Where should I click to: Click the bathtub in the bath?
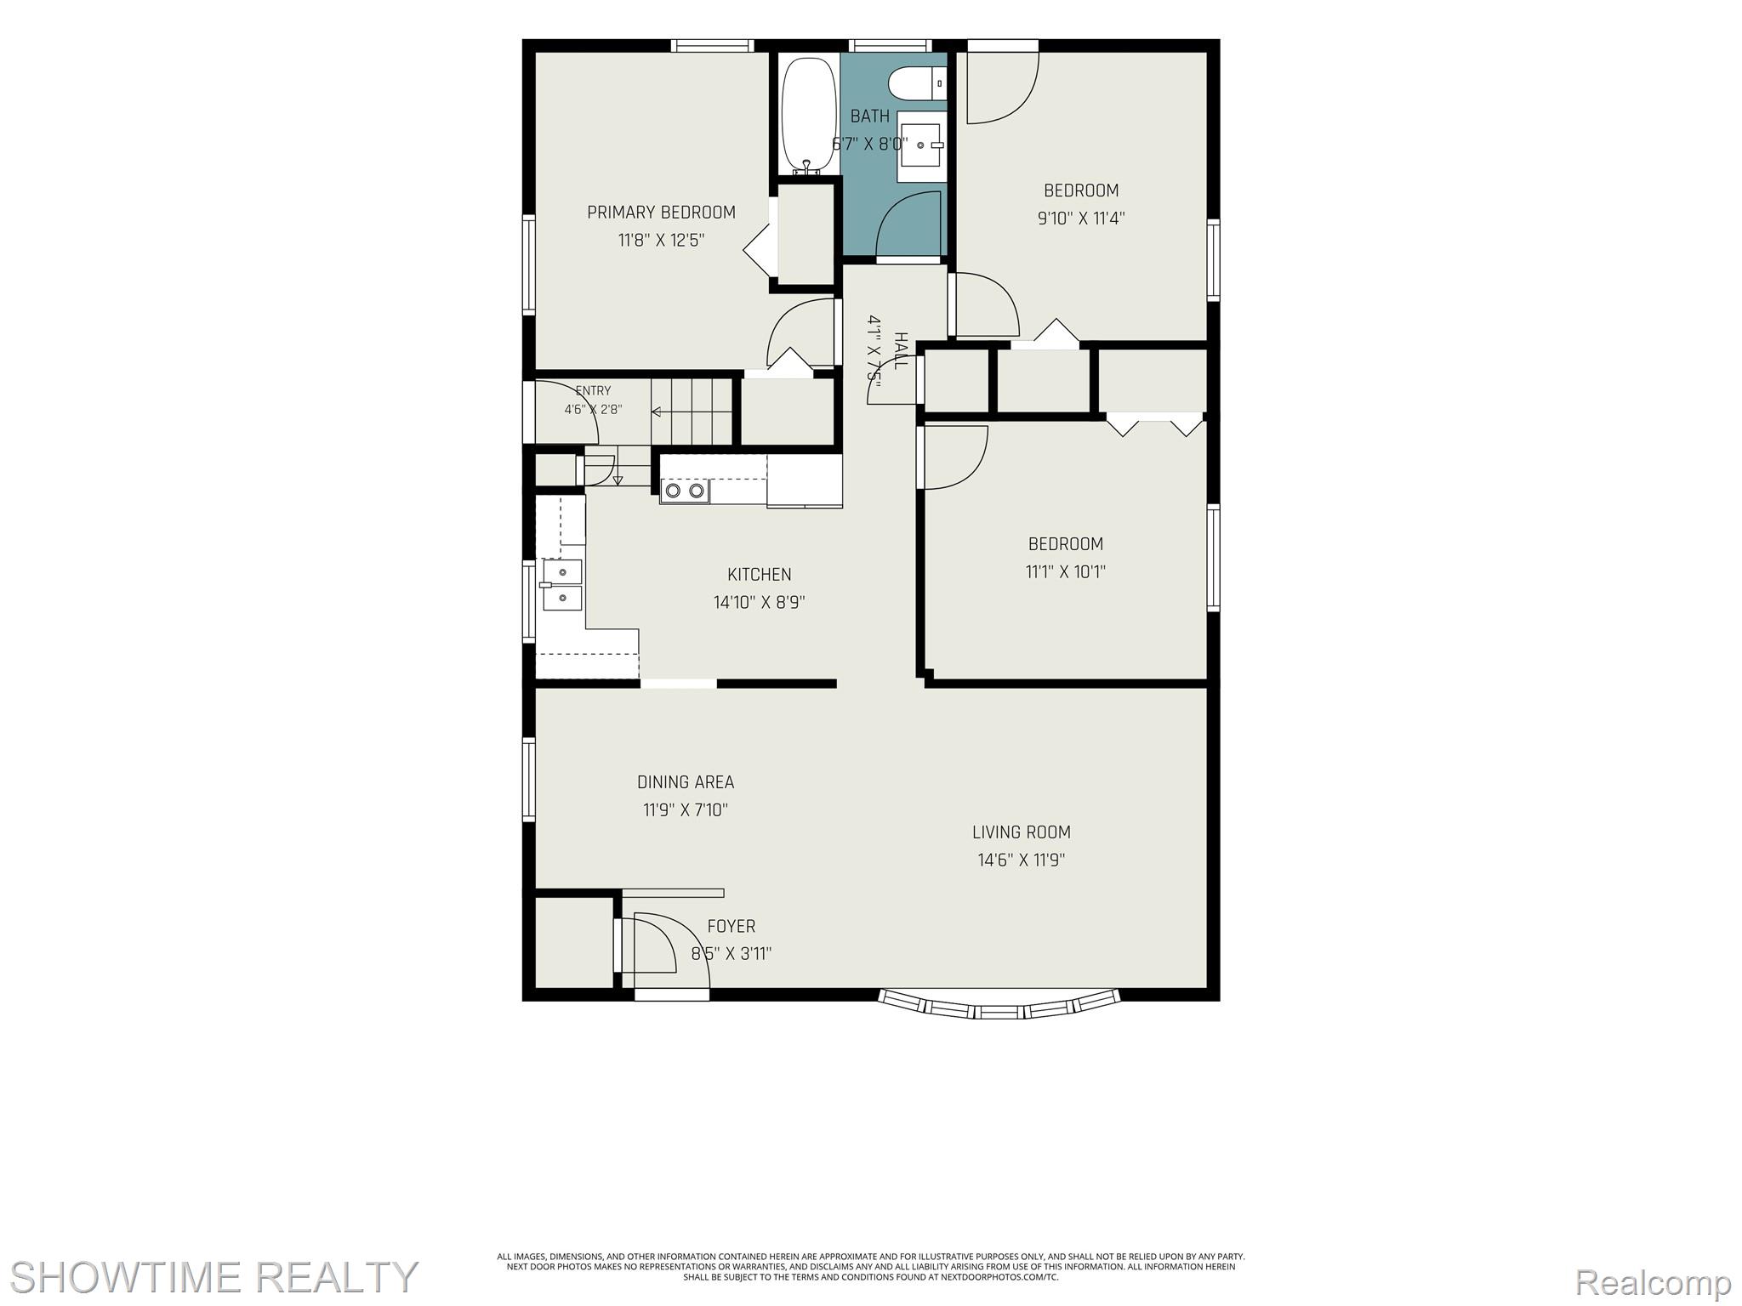[x=809, y=116]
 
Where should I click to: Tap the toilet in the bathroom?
[x=917, y=83]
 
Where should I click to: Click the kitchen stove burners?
[x=685, y=491]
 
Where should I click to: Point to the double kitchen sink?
[x=561, y=585]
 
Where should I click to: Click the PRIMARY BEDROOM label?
[x=661, y=213]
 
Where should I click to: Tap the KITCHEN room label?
[x=759, y=575]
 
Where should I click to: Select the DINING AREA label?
[x=686, y=782]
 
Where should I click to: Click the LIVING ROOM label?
[x=1022, y=832]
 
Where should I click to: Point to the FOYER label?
[x=732, y=926]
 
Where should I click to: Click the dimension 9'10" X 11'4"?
[x=1081, y=219]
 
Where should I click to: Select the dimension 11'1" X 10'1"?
[x=1066, y=571]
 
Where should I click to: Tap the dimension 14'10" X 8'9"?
[x=760, y=603]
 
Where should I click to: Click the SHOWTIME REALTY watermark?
[x=213, y=1276]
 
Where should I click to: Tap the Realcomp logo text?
[x=1652, y=1280]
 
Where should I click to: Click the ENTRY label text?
[x=593, y=391]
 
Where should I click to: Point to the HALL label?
[x=900, y=350]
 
